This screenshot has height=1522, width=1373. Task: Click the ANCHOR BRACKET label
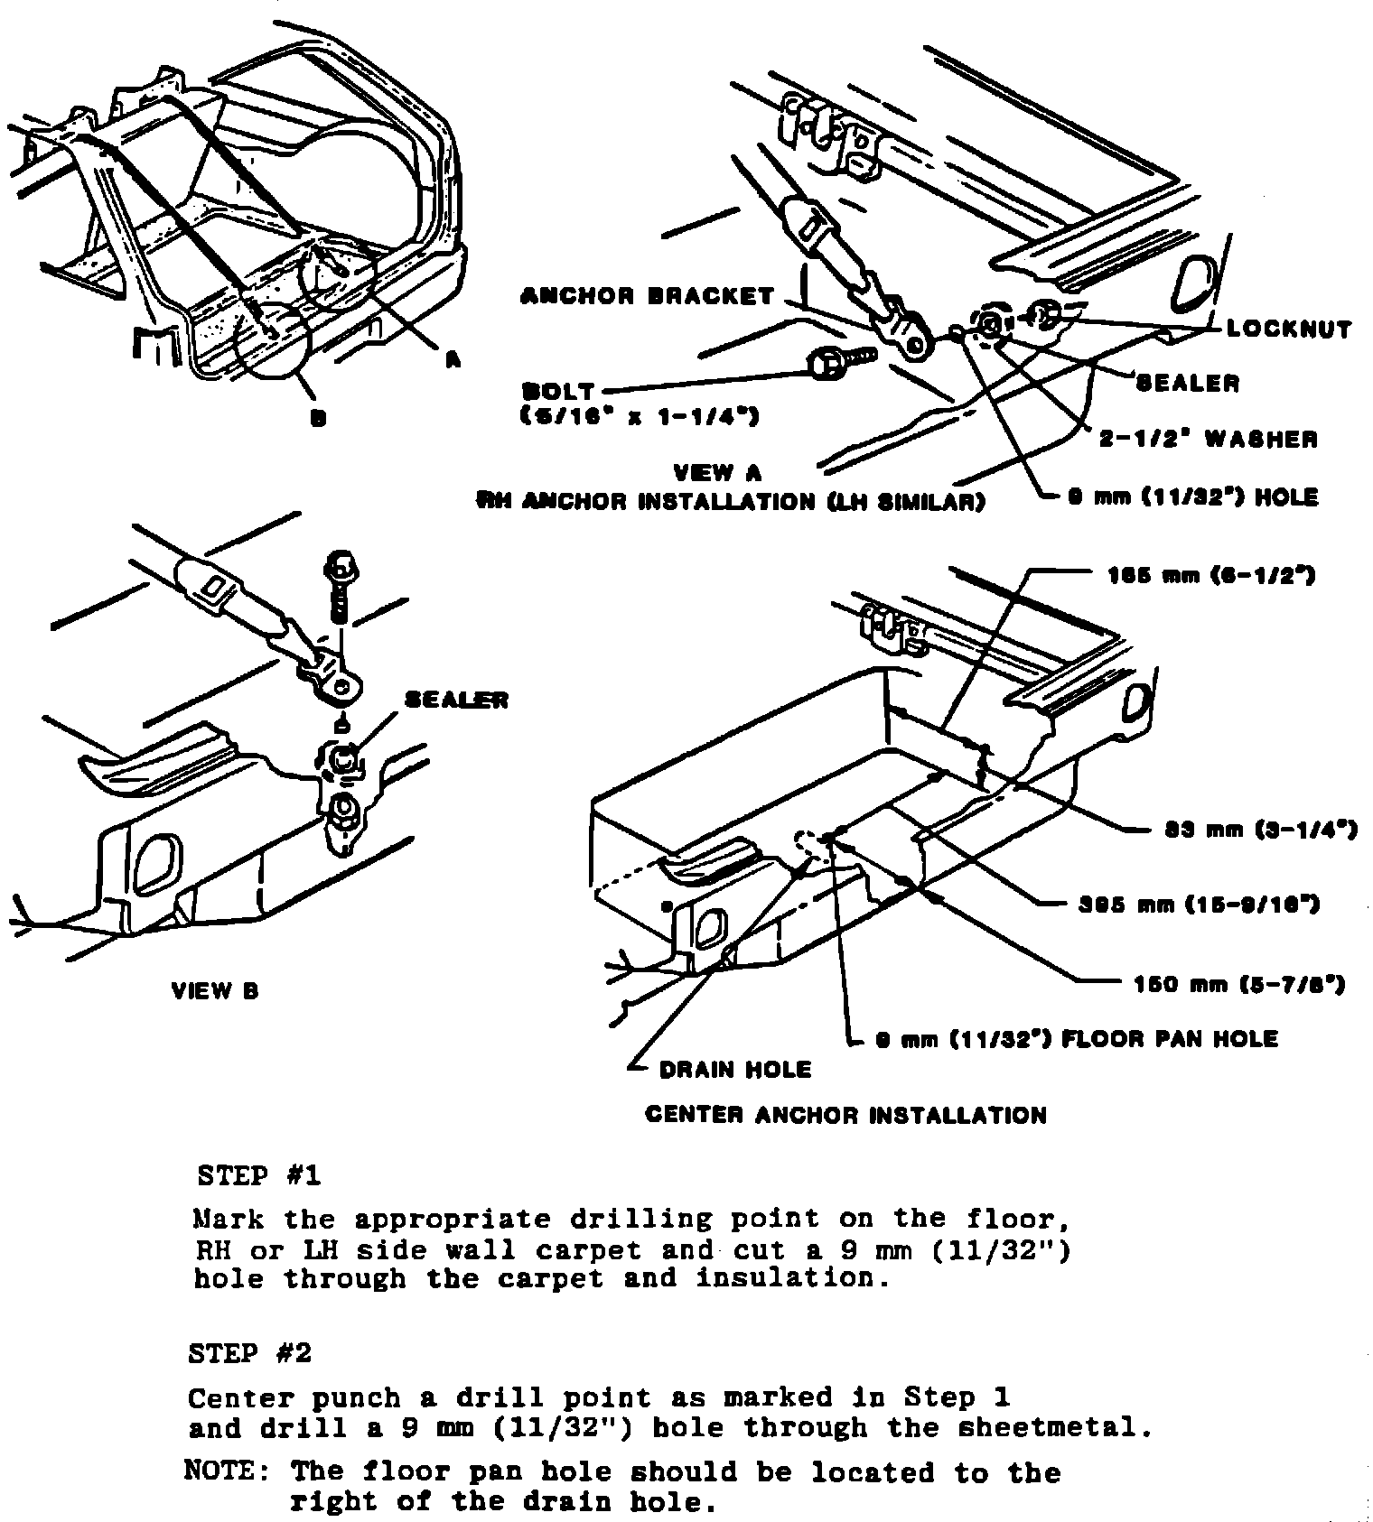point(647,296)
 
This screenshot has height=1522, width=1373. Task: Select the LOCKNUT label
point(1288,329)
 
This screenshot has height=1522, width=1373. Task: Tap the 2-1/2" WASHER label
point(1208,440)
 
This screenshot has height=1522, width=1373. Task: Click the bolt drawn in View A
point(836,364)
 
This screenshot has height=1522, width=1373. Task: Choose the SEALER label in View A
point(1187,383)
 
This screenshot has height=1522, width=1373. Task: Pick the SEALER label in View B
point(456,700)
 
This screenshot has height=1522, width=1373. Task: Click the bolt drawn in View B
point(340,584)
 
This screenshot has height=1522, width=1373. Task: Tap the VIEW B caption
point(215,991)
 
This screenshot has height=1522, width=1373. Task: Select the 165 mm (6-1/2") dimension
point(1210,575)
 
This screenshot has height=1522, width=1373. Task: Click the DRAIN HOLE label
point(734,1070)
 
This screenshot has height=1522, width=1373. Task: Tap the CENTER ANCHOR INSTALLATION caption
point(845,1116)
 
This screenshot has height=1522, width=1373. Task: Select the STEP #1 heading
point(258,1176)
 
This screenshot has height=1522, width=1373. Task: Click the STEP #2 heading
point(250,1353)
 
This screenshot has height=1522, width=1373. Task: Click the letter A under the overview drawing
point(453,359)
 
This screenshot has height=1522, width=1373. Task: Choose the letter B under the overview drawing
point(318,418)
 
